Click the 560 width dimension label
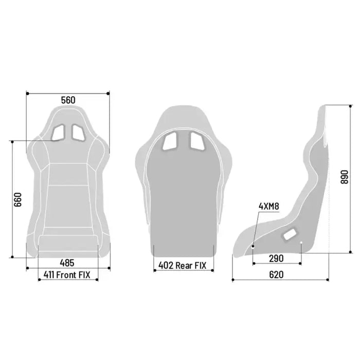tap(68, 100)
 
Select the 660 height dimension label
tap(17, 200)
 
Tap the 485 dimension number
tap(67, 263)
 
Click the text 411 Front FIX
tap(67, 275)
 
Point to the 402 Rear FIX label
tap(182, 265)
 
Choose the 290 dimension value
tap(276, 259)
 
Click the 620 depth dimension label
tap(276, 275)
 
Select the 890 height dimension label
tap(345, 177)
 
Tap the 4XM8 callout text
tap(269, 206)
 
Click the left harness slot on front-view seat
tap(58, 133)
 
